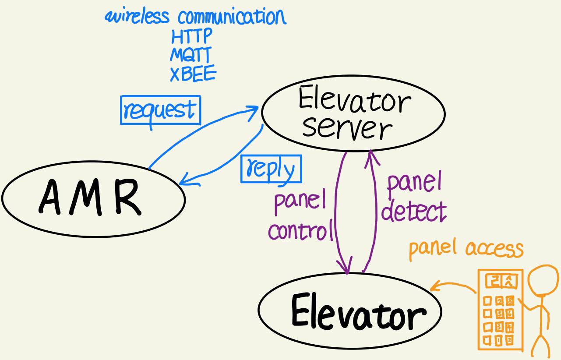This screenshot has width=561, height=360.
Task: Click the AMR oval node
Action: click(x=93, y=199)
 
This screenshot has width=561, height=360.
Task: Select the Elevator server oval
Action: click(x=353, y=113)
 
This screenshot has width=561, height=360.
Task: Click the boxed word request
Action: click(x=160, y=110)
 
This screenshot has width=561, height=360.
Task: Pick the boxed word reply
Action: click(x=271, y=169)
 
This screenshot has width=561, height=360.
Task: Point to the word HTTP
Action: click(x=191, y=36)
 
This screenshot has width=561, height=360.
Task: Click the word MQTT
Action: click(x=191, y=55)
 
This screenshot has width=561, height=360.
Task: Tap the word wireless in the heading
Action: click(x=137, y=17)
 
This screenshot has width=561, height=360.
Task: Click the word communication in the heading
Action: click(x=232, y=17)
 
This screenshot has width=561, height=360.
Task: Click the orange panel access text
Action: click(x=466, y=248)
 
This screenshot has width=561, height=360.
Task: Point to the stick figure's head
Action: click(x=543, y=280)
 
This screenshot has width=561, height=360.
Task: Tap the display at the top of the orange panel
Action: click(x=500, y=281)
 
